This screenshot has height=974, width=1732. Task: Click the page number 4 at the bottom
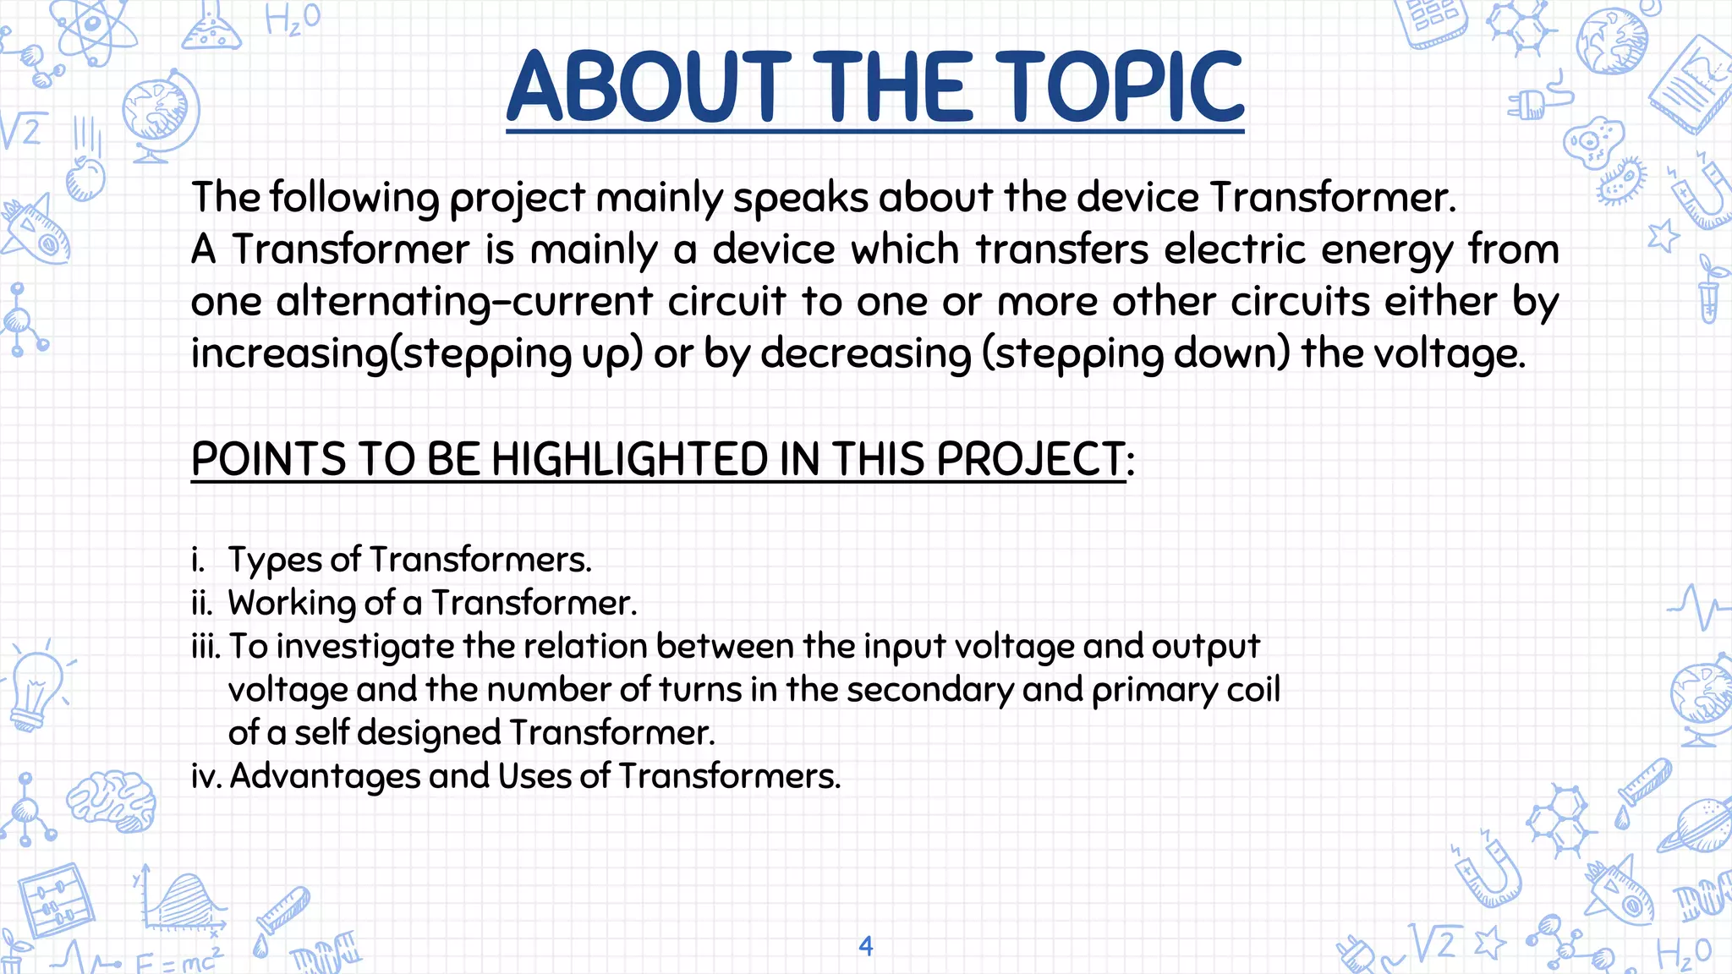coord(865,945)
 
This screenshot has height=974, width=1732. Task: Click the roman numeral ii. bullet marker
coord(202,604)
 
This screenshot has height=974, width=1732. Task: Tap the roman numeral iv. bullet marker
coord(206,776)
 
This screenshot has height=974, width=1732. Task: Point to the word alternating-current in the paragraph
coord(464,302)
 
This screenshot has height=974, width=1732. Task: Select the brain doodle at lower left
coord(112,800)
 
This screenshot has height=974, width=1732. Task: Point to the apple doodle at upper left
coord(85,178)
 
